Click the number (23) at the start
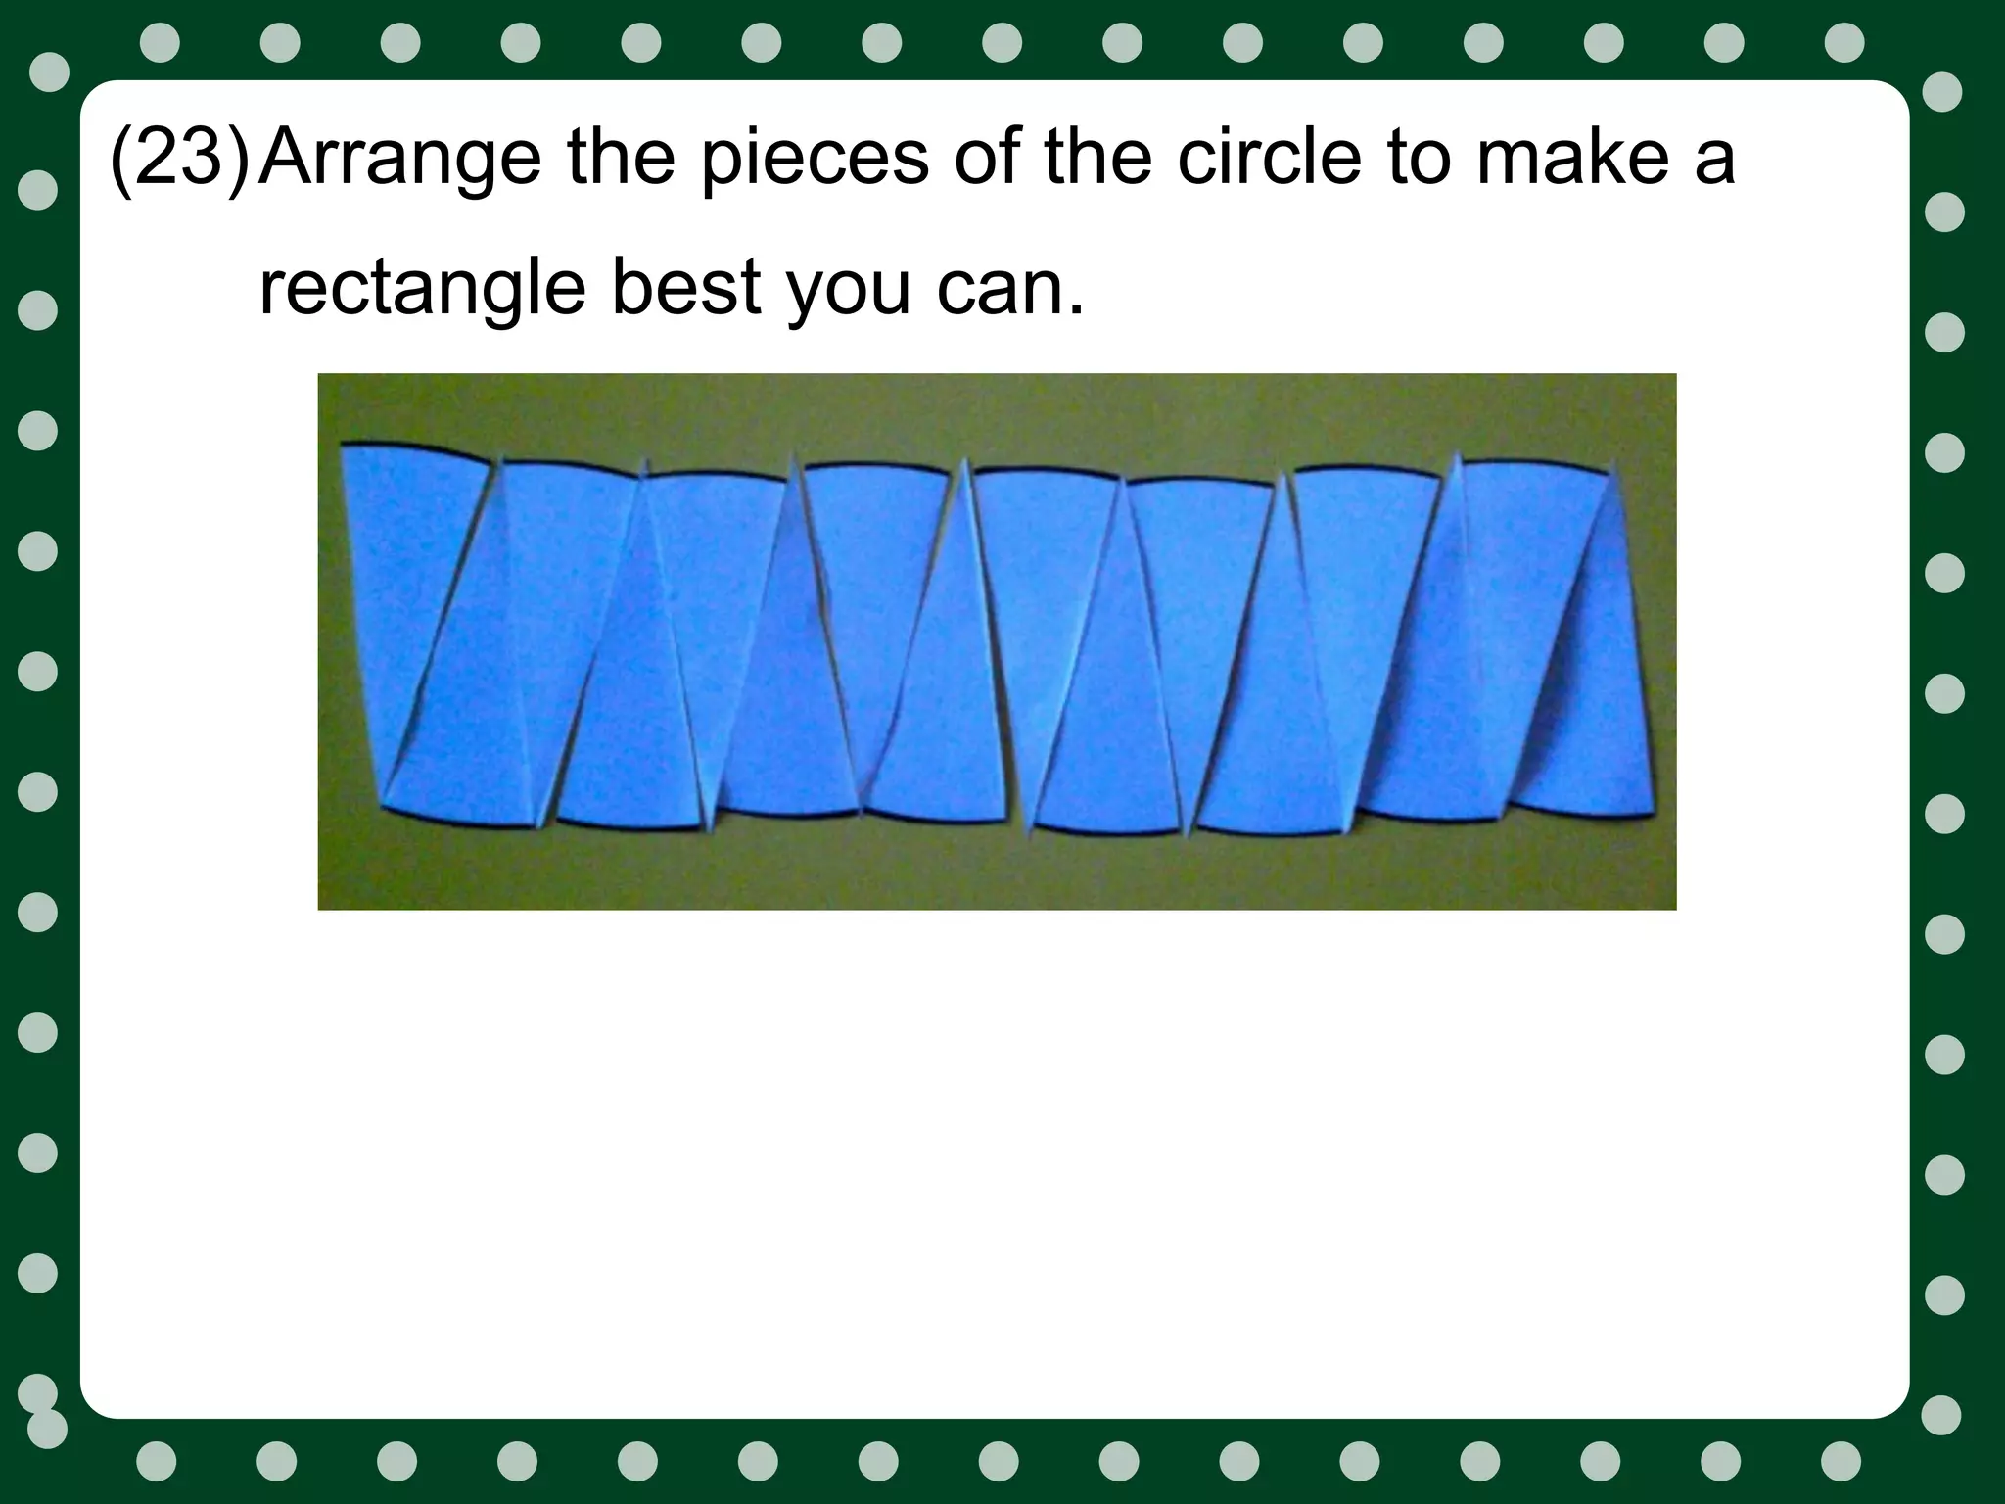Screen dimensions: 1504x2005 tap(180, 159)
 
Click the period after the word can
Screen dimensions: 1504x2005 tap(1076, 311)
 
